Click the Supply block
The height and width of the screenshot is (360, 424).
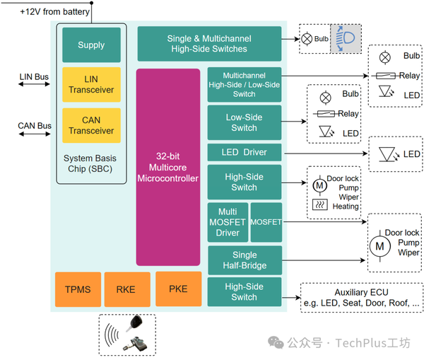point(91,45)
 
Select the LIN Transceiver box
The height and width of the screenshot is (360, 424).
point(91,85)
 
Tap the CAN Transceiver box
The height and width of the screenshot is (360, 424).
point(91,125)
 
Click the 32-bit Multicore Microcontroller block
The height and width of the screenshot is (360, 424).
point(168,167)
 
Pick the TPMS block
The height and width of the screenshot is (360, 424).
point(78,289)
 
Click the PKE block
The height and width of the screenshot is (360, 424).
point(178,289)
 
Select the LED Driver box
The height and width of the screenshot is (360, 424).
point(245,152)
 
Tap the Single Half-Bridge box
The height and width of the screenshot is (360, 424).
point(245,260)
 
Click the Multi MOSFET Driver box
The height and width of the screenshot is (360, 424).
point(228,222)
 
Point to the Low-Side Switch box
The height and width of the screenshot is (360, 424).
point(245,122)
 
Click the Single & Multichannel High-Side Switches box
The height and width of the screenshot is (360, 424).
point(208,43)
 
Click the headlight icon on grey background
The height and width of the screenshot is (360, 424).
point(346,38)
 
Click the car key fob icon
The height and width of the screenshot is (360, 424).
point(134,325)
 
